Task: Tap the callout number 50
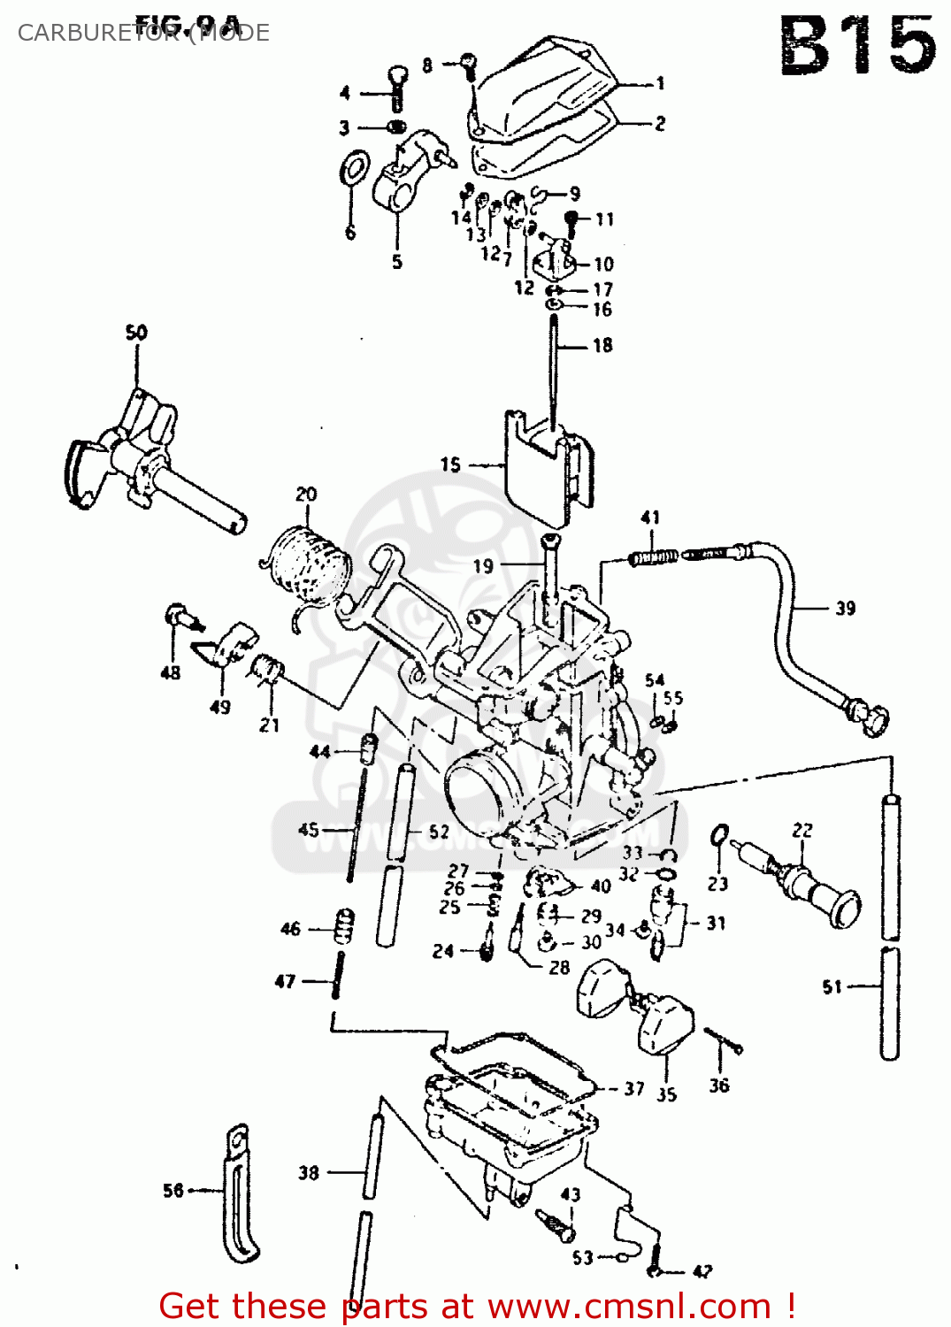(x=136, y=333)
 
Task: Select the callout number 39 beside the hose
(x=845, y=608)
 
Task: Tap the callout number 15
(x=450, y=464)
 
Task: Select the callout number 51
(x=832, y=986)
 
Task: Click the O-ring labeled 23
(x=720, y=834)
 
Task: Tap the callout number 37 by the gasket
(x=633, y=1088)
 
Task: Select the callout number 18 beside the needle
(x=602, y=345)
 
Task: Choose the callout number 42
(x=702, y=1272)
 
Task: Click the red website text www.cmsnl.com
(x=630, y=1306)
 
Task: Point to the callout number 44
(x=319, y=751)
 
